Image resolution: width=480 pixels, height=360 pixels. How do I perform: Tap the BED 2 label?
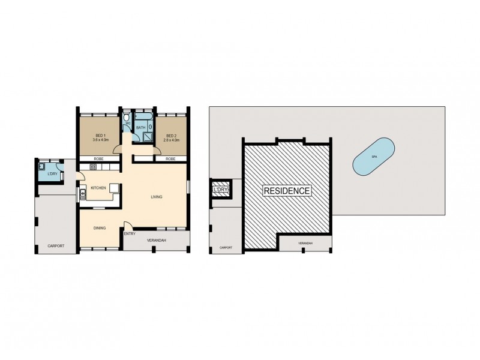click(171, 136)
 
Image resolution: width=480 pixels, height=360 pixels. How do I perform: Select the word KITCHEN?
click(98, 188)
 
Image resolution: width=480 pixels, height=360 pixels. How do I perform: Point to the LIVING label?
click(157, 197)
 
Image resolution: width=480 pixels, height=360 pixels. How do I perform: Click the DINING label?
click(100, 228)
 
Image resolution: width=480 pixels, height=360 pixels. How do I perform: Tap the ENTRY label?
click(130, 233)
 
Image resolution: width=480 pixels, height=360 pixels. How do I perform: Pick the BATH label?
click(140, 128)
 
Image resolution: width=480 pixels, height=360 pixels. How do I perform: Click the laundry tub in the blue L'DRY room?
click(42, 166)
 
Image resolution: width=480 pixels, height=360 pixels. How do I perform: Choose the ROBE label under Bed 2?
click(170, 159)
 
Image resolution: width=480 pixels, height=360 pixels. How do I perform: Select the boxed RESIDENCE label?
click(287, 191)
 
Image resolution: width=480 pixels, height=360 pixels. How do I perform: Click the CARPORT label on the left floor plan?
click(56, 246)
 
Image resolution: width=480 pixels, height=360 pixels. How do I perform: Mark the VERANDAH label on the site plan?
click(305, 243)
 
